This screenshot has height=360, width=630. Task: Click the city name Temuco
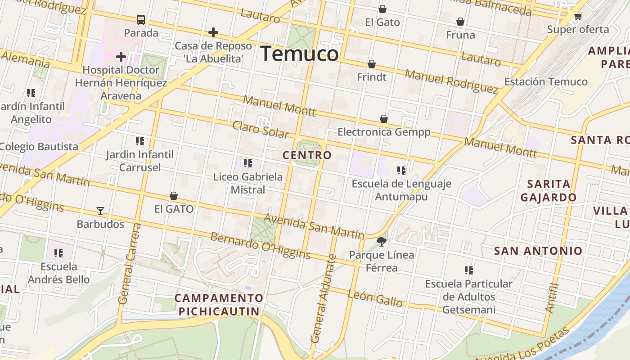299,54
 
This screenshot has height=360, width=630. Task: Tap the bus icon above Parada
141,20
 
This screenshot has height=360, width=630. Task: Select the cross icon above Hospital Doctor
121,57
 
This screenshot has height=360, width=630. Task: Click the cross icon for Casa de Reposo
213,32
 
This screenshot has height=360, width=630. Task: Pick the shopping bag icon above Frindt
372,64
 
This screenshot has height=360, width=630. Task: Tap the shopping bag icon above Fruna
460,22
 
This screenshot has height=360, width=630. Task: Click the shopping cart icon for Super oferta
578,17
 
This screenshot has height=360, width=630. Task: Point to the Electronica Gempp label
384,132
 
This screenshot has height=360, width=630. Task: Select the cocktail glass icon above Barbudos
100,211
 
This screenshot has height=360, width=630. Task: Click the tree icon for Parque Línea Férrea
382,242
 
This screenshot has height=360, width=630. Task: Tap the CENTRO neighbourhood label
307,155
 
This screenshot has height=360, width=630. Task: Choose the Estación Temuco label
545,81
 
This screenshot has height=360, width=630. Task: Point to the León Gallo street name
375,298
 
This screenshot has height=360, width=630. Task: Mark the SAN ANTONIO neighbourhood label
538,251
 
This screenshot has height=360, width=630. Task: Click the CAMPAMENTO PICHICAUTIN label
219,304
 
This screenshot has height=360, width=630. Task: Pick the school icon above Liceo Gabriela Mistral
248,163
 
